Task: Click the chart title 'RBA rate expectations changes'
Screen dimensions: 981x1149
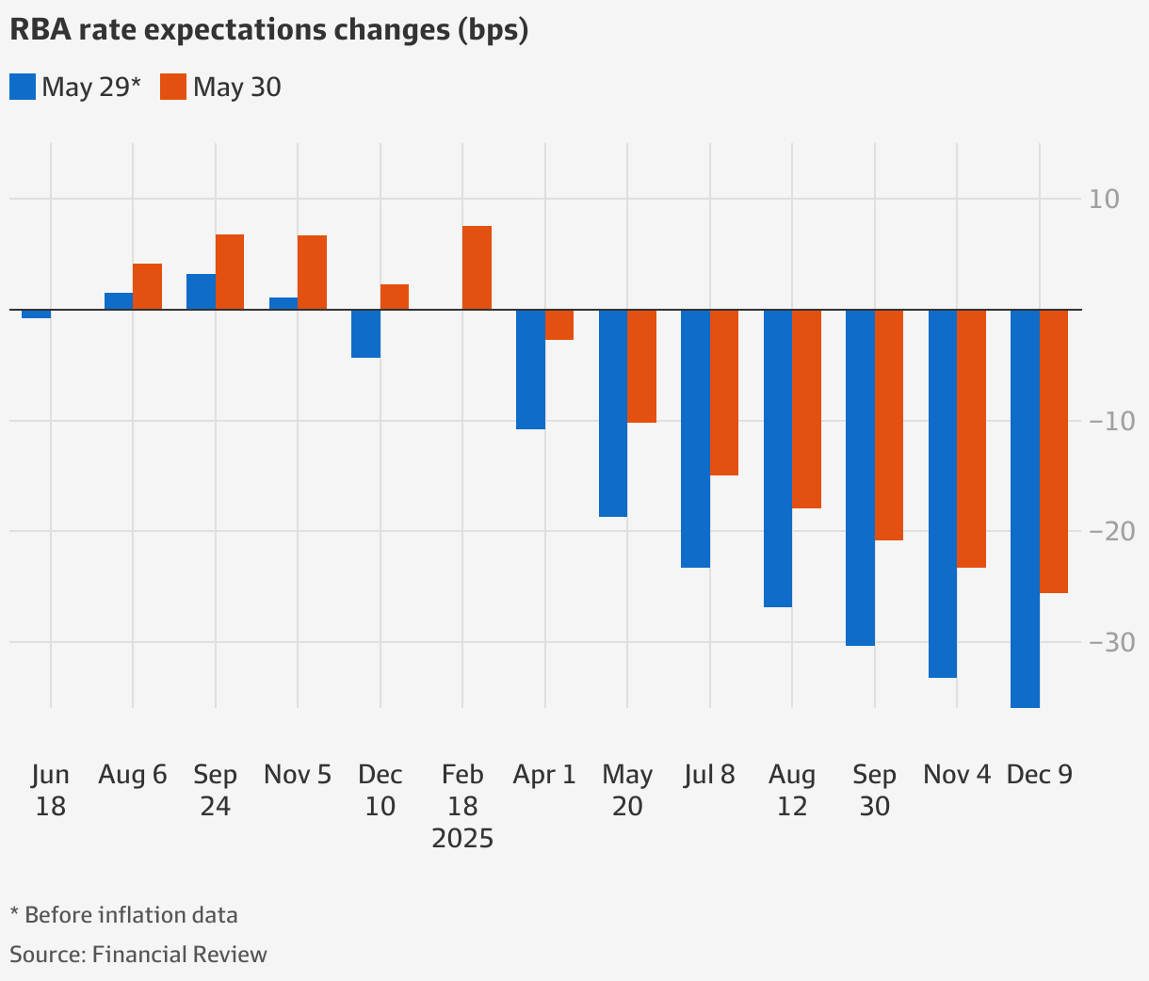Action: [x=268, y=30]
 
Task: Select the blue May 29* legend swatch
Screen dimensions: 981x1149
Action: [x=23, y=88]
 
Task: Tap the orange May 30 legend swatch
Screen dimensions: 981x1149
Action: [x=173, y=88]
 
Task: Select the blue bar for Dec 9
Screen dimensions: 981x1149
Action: [x=1025, y=508]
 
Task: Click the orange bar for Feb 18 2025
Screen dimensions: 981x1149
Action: [x=477, y=268]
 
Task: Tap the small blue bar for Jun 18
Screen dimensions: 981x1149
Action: [x=36, y=314]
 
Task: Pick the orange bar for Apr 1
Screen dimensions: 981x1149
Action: [x=559, y=325]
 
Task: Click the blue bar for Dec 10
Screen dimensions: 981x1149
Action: [x=365, y=333]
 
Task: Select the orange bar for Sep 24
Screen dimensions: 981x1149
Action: [x=230, y=272]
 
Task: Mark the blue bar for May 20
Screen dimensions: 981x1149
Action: [x=613, y=413]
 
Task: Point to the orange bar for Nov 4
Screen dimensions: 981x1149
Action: [x=971, y=439]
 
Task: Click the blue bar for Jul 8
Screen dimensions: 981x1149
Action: [x=695, y=439]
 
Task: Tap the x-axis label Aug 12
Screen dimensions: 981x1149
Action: [x=792, y=791]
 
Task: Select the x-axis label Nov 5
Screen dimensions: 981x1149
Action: [x=298, y=775]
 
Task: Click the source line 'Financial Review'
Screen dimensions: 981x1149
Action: [x=179, y=955]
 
